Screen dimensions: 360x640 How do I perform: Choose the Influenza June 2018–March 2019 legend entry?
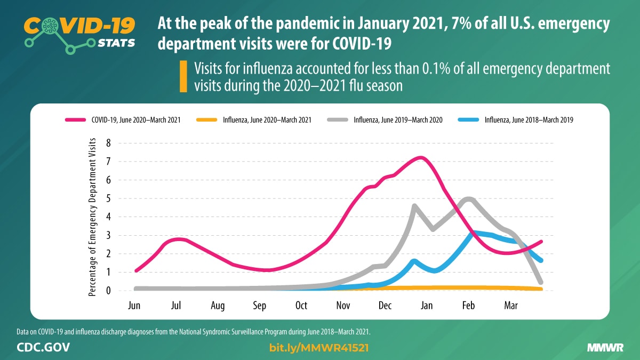tap(523, 120)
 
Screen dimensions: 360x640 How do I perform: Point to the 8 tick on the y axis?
tap(108, 143)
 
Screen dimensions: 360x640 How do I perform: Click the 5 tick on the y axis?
tap(108, 198)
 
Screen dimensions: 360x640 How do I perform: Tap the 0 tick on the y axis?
tap(108, 291)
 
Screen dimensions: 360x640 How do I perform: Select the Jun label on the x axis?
tap(134, 306)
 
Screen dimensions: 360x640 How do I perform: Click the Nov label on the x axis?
tap(343, 306)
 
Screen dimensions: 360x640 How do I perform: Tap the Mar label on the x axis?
tap(511, 306)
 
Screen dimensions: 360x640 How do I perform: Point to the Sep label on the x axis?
tap(259, 306)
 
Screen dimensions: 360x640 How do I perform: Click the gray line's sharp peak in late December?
tap(414, 205)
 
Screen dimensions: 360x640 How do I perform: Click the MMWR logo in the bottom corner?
tap(605, 348)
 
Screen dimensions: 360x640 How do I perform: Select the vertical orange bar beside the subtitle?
tap(183, 77)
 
